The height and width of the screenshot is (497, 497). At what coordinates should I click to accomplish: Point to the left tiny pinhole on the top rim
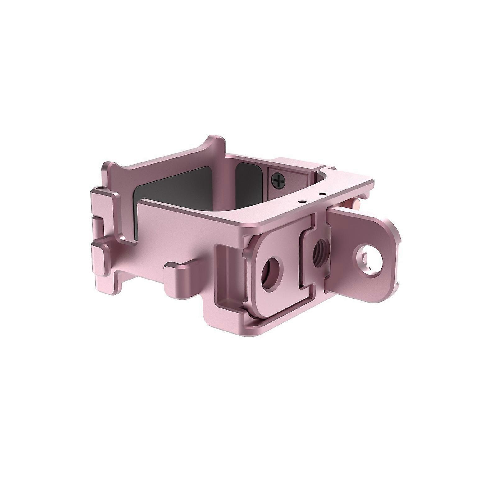[x=300, y=202]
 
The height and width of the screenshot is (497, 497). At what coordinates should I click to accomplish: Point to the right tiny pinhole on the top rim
[x=311, y=197]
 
